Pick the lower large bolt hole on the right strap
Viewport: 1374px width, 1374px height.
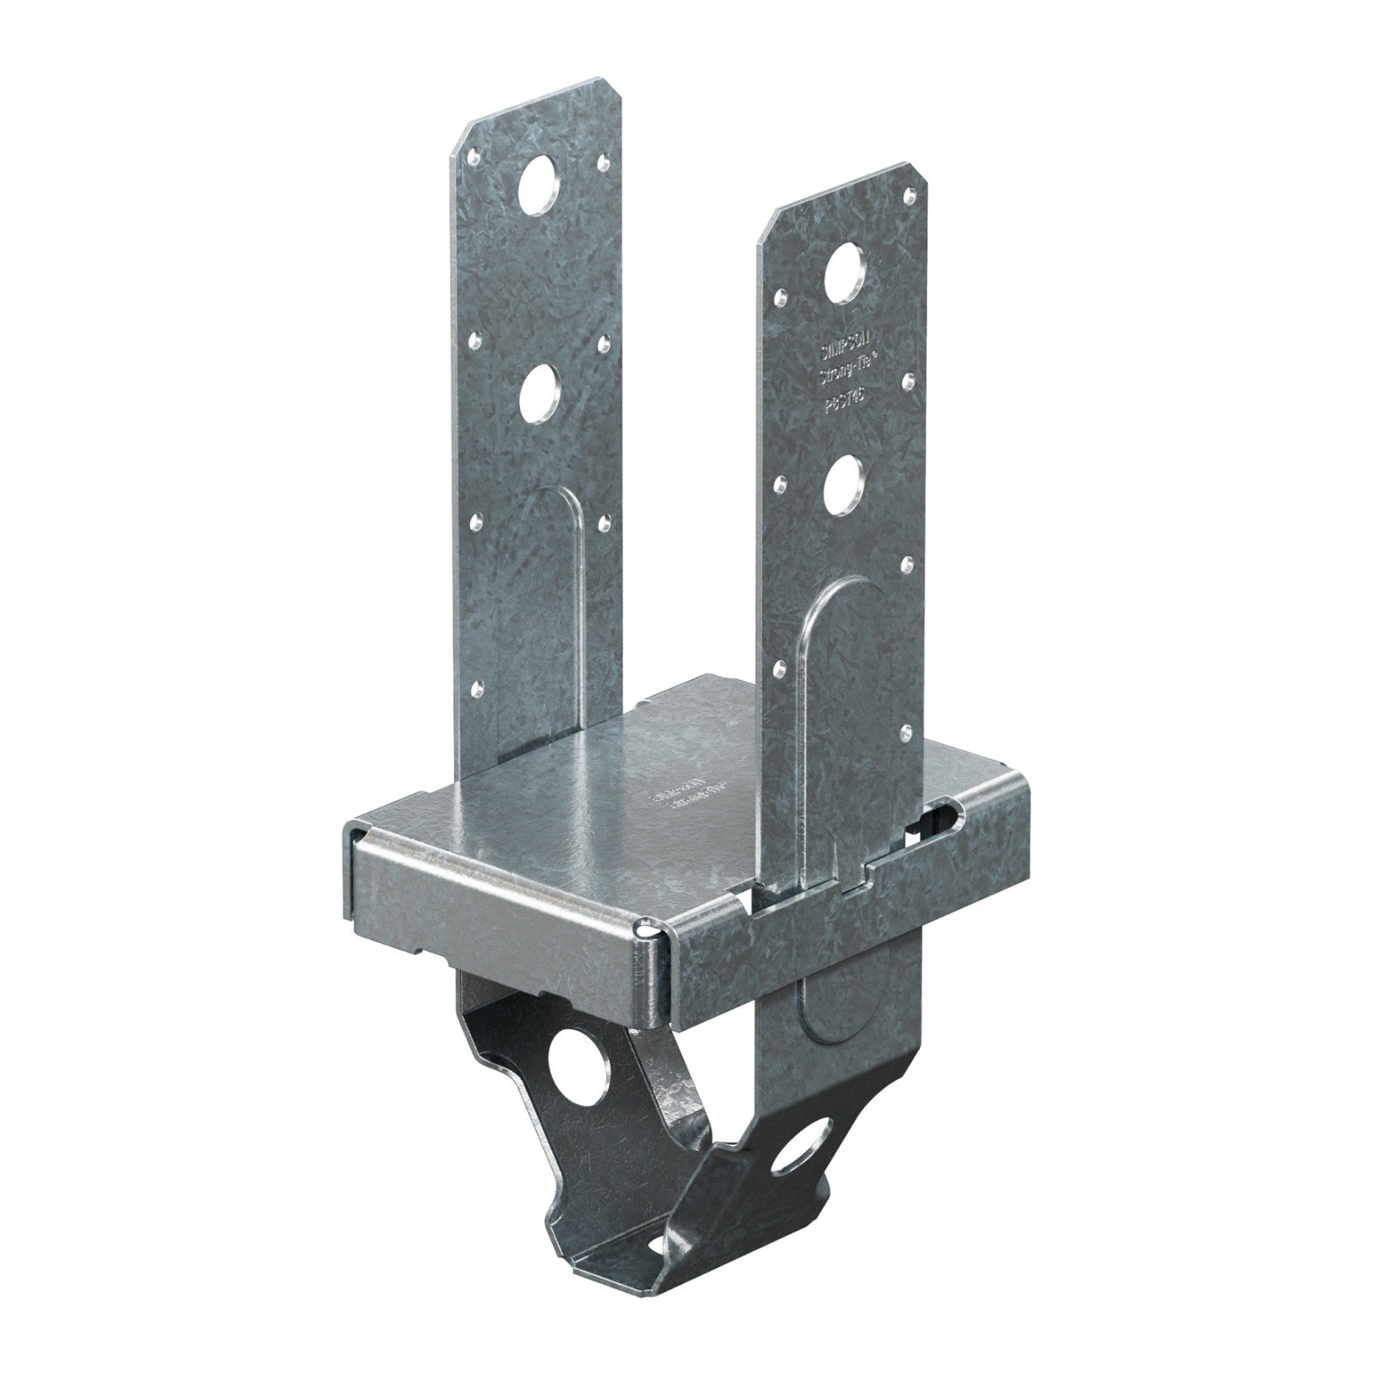click(843, 477)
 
